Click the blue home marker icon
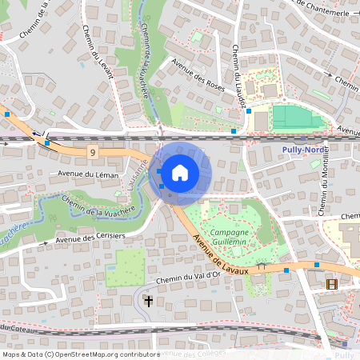tap(180, 172)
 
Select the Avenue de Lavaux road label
tap(220, 248)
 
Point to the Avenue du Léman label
tap(88, 174)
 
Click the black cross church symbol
tap(148, 302)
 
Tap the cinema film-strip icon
tap(331, 283)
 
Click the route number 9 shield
tap(94, 151)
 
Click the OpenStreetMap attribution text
tap(81, 354)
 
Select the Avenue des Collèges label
tap(192, 354)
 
